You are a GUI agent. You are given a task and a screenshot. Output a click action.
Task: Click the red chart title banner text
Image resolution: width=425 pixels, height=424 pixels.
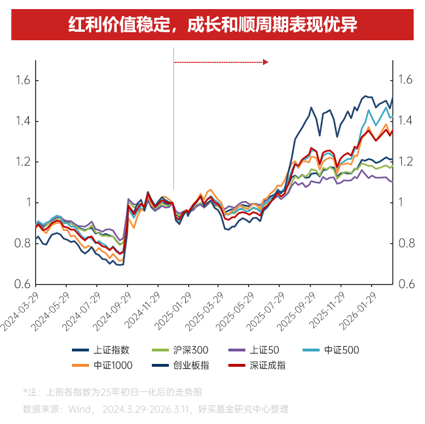pos(212,26)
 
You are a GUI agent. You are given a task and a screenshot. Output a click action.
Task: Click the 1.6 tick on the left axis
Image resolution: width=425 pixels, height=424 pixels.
pos(23,80)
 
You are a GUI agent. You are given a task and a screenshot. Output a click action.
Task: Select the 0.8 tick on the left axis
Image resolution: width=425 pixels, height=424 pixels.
pos(23,244)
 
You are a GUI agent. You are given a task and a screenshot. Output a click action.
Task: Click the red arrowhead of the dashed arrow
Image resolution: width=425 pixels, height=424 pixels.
pos(265,62)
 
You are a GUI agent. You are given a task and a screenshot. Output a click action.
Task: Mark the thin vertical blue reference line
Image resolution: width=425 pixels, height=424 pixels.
pos(173,125)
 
